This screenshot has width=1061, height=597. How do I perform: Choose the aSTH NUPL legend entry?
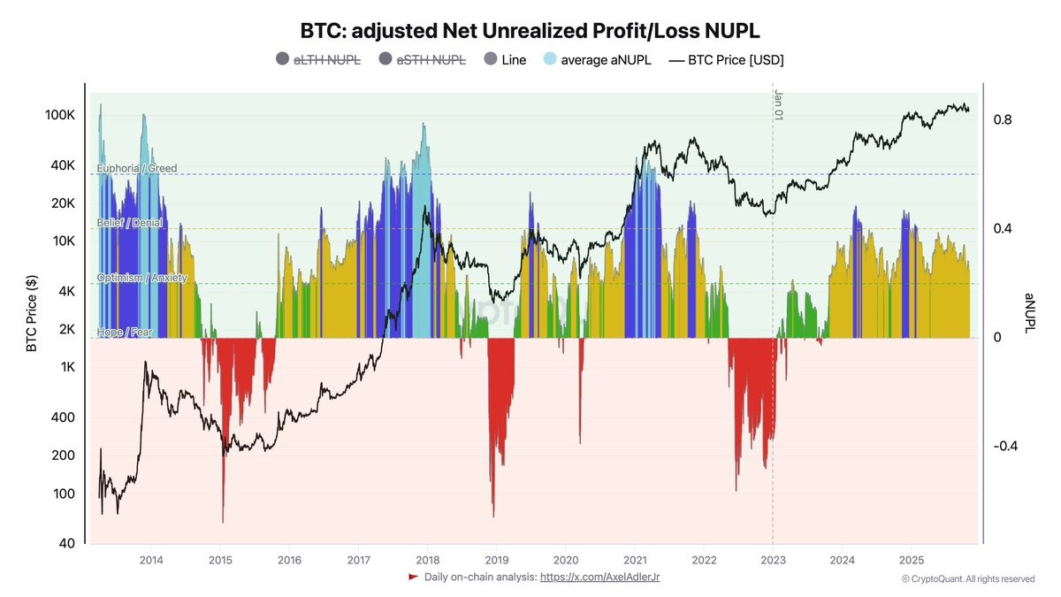click(x=422, y=60)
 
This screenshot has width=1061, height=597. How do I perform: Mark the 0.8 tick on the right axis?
click(x=1003, y=120)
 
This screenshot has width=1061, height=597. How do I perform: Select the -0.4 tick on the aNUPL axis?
click(x=1005, y=446)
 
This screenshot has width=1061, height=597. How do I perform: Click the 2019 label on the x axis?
click(x=496, y=560)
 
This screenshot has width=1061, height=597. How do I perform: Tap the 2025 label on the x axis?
click(x=912, y=560)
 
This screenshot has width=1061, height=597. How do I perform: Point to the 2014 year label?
click(x=151, y=560)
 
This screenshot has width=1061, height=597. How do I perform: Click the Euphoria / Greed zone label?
click(x=137, y=168)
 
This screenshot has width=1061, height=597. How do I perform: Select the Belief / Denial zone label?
click(x=130, y=223)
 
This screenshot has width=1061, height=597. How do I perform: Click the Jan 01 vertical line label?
click(x=779, y=104)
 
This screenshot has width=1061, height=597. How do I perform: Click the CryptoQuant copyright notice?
click(x=967, y=579)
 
